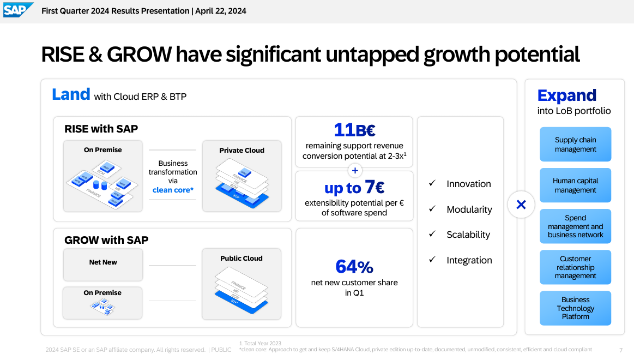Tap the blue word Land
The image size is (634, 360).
pyautogui.click(x=71, y=94)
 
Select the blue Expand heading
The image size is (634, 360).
pyautogui.click(x=567, y=95)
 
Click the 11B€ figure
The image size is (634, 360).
pyautogui.click(x=354, y=130)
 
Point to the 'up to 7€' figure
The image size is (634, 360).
pyautogui.click(x=354, y=188)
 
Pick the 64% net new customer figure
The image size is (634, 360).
pyautogui.click(x=354, y=267)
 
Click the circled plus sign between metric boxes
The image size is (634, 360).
pyautogui.click(x=354, y=171)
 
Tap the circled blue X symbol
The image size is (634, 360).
pyautogui.click(x=521, y=205)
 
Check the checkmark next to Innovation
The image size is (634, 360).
pyautogui.click(x=432, y=184)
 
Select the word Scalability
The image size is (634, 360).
pyautogui.click(x=468, y=235)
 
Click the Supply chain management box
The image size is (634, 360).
pyautogui.click(x=575, y=145)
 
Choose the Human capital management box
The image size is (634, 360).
pyautogui.click(x=575, y=185)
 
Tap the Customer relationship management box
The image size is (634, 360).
pyautogui.click(x=575, y=267)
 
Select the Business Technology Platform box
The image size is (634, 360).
pyautogui.click(x=575, y=308)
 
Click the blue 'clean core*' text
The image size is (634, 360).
pyautogui.click(x=173, y=190)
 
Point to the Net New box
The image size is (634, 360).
pyautogui.click(x=103, y=263)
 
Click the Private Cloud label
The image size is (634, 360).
pyautogui.click(x=241, y=151)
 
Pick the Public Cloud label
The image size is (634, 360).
pyautogui.click(x=241, y=259)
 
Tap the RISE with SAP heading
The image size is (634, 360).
pyautogui.click(x=101, y=129)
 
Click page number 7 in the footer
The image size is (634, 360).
pyautogui.click(x=620, y=350)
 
